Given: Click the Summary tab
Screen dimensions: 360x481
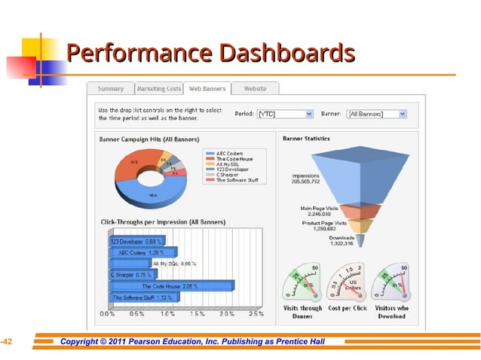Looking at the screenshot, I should pos(110,89).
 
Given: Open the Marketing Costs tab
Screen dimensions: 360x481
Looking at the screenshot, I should pos(158,89).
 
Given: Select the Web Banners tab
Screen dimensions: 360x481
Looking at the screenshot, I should pos(207,89).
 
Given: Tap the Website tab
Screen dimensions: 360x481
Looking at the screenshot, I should pos(255,89).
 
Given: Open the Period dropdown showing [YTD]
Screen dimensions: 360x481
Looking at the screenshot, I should pos(284,114).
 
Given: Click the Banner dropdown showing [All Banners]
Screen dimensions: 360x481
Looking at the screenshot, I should pos(376,114).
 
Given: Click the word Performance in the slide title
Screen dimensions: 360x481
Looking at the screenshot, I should pos(128,54).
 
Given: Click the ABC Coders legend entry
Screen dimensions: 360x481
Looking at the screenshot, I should pos(229,153).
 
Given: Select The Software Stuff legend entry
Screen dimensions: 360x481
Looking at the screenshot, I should pos(237,181).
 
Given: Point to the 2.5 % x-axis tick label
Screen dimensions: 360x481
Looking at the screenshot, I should pos(256,313).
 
